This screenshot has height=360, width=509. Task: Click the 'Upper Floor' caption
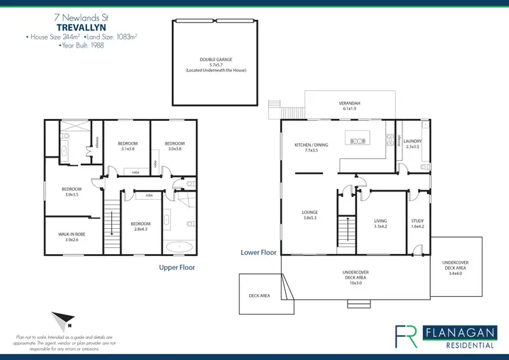tap(177, 268)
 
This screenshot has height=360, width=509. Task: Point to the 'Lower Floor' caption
tap(259, 252)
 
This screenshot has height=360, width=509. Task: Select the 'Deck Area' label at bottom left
tap(260, 295)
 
